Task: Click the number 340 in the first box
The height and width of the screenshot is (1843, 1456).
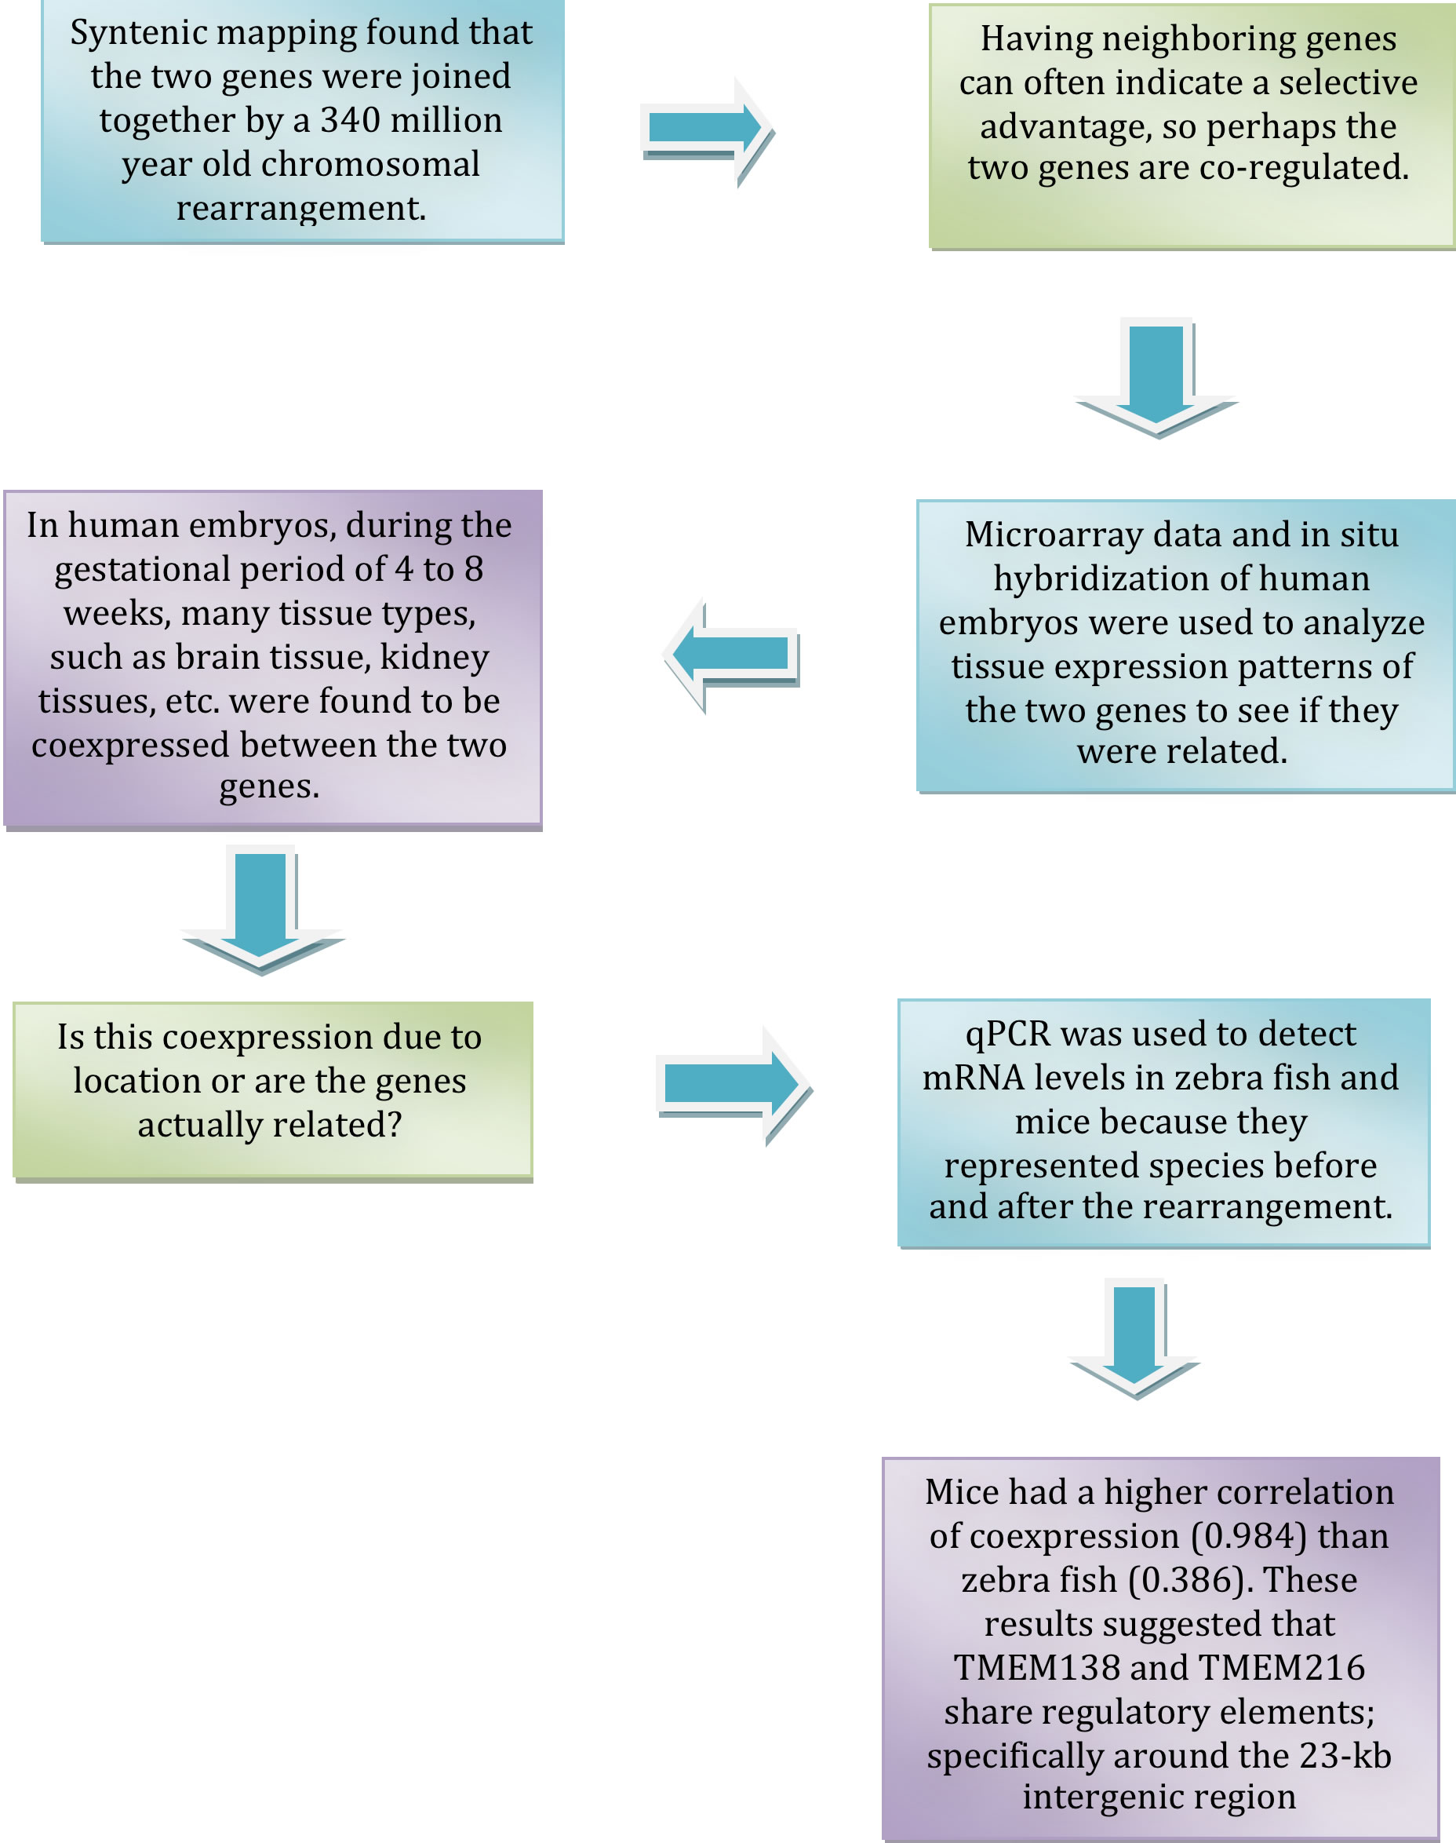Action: pos(350,120)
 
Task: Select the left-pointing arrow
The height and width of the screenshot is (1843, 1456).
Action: pos(731,654)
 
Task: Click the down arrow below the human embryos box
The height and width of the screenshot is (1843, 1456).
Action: pos(261,908)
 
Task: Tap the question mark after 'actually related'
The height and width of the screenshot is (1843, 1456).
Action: pos(395,1125)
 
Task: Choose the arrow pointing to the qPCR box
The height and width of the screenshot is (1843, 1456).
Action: pos(733,1085)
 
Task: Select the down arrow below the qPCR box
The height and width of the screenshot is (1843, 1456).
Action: pos(1134,1338)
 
